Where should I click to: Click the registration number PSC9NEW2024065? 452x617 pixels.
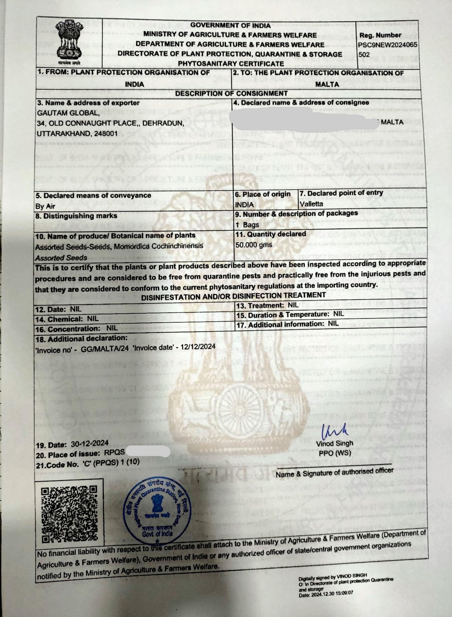[388, 45]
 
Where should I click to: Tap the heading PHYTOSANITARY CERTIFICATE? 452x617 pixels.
[231, 64]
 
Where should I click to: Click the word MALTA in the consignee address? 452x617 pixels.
[392, 122]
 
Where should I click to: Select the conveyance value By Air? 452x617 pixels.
[45, 206]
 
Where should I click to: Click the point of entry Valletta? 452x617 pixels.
[311, 204]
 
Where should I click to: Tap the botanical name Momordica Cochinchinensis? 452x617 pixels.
[159, 246]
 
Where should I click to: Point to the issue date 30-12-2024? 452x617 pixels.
[89, 443]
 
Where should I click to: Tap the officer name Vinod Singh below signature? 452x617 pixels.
[334, 443]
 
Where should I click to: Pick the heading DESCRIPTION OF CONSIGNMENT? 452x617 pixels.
[231, 93]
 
